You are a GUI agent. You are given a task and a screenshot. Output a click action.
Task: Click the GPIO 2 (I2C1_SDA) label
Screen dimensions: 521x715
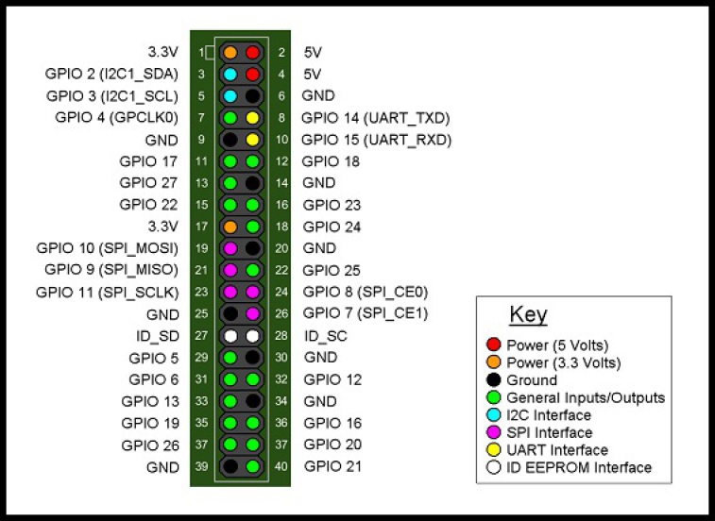pos(111,74)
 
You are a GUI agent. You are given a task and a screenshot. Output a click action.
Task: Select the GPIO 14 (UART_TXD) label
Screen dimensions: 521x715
pos(375,118)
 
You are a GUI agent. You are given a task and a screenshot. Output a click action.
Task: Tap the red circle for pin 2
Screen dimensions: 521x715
pos(252,52)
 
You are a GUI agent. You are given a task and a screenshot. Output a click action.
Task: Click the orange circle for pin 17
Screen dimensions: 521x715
pos(230,227)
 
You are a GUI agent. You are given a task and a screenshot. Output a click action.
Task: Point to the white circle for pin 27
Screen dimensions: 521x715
pos(230,336)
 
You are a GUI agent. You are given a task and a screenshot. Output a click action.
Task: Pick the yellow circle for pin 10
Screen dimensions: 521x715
pos(252,140)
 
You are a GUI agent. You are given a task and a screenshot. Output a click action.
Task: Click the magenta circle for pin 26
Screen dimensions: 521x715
pos(252,313)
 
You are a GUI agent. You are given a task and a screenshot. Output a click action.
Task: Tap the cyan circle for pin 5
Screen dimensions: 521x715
pos(230,95)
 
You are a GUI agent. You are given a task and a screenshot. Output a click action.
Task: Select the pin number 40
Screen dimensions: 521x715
pos(280,466)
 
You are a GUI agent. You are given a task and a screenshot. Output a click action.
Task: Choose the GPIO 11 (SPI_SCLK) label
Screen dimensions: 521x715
pos(107,292)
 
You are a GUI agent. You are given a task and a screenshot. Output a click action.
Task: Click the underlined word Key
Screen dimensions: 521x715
pos(528,315)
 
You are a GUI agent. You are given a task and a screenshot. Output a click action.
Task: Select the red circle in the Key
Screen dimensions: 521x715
pos(493,345)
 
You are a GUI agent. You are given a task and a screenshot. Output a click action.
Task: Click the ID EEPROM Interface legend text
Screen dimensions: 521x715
pos(579,467)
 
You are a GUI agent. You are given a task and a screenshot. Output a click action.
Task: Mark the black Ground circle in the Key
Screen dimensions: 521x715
pos(493,379)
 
